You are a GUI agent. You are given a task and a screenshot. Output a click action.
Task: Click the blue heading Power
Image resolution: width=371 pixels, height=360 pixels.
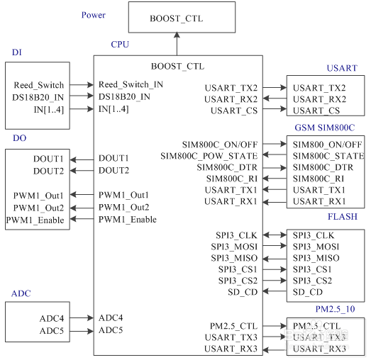(x=94, y=15)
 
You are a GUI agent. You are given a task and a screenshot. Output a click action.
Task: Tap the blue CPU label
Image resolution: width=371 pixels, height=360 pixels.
(x=120, y=45)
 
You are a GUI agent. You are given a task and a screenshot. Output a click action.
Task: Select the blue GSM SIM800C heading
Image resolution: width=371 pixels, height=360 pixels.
(x=325, y=128)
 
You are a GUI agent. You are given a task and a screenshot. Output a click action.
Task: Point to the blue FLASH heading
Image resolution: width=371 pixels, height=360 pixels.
(x=343, y=217)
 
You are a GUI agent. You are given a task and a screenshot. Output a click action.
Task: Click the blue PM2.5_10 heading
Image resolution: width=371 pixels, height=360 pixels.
(x=335, y=309)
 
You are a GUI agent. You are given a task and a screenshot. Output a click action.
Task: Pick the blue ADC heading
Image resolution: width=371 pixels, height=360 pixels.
(x=21, y=293)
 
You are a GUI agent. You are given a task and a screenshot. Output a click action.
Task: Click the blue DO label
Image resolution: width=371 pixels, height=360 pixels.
(x=19, y=138)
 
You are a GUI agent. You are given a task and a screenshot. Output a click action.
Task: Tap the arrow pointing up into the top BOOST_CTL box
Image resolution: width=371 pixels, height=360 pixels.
(x=177, y=44)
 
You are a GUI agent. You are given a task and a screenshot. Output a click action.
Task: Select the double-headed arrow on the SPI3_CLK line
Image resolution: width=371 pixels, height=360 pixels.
(x=275, y=235)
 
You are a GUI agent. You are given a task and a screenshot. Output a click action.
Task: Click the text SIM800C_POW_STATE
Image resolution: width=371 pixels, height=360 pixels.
(x=209, y=156)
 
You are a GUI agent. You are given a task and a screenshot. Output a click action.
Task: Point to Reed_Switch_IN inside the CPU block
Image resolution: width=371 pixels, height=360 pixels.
(x=131, y=84)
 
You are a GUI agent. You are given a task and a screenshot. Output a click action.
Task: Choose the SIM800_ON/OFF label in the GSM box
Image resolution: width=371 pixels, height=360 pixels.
(x=328, y=145)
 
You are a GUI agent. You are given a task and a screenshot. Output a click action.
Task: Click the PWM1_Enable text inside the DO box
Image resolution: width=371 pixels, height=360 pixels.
(x=35, y=220)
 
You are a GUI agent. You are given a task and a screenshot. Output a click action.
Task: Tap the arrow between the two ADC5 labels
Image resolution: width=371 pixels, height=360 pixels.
(x=82, y=331)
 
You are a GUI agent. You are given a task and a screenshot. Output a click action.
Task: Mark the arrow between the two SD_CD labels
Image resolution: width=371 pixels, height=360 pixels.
(x=275, y=291)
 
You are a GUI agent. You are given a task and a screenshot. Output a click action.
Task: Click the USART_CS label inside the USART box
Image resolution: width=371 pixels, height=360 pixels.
(x=316, y=111)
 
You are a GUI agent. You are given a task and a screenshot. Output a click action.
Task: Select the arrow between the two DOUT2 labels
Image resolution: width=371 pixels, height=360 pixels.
(x=82, y=170)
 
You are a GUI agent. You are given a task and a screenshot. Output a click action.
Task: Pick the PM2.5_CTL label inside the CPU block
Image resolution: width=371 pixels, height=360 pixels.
(x=233, y=326)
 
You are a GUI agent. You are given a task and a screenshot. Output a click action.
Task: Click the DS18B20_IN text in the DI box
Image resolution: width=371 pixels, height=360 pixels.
(x=38, y=97)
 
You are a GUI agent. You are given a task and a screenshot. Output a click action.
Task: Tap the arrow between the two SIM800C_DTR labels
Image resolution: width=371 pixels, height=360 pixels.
(x=275, y=168)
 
